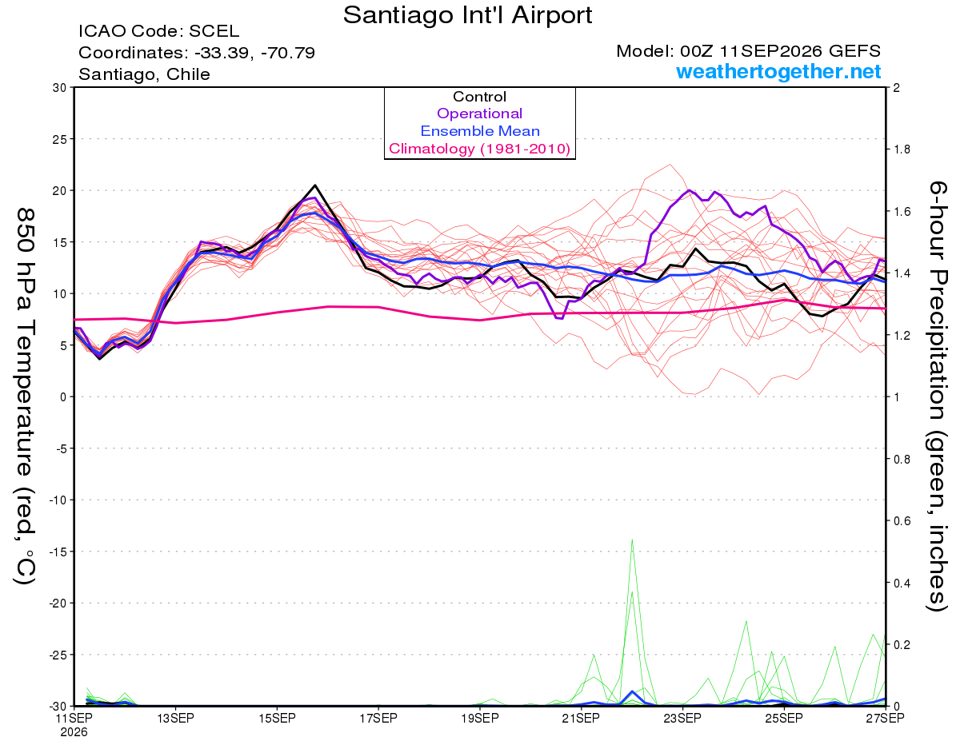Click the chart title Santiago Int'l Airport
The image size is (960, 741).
coord(467,15)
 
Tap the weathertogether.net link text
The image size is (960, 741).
coord(778,71)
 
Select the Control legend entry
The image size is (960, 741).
coord(479,97)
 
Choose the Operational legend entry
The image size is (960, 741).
coord(479,114)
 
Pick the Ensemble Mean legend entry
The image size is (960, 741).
coord(480,131)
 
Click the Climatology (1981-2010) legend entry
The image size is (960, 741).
coord(480,149)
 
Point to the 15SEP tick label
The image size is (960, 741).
coord(277,719)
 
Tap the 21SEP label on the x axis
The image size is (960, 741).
coord(581,719)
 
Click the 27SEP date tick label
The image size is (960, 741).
coord(885,719)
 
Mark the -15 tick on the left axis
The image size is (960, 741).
coord(58,552)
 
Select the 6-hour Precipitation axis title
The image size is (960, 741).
coord(936,396)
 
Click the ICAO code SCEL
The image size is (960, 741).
coord(214,31)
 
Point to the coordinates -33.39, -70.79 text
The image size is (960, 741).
coord(254,53)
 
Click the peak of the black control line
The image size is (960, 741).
coord(314,185)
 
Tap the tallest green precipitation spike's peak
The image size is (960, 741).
coord(632,540)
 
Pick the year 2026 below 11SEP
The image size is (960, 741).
coord(74,733)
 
